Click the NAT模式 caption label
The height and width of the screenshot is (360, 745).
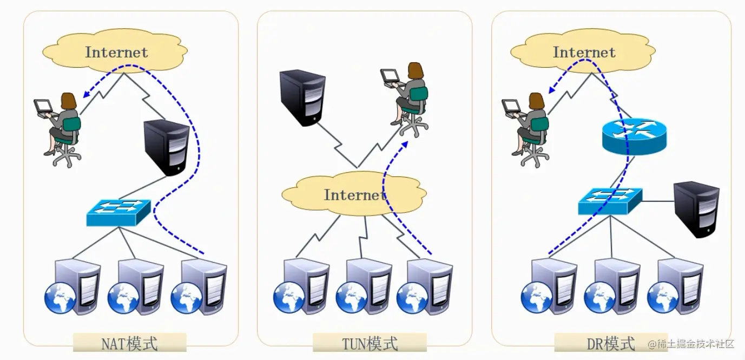click(129, 343)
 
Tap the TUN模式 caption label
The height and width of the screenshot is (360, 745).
click(370, 343)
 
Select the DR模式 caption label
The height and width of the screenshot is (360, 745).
click(611, 343)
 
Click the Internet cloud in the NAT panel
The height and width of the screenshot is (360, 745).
click(116, 52)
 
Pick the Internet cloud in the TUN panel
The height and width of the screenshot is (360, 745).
click(354, 194)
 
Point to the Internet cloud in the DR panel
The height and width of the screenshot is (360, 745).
click(584, 52)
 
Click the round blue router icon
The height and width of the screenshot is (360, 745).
click(634, 136)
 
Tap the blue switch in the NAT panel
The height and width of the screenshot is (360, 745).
click(118, 213)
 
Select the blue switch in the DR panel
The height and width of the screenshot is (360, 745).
click(610, 202)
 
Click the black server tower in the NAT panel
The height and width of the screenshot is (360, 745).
click(166, 147)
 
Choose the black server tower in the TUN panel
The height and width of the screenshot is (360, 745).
click(302, 98)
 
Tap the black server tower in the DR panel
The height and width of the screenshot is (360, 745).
click(696, 210)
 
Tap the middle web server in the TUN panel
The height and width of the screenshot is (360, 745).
click(364, 286)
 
